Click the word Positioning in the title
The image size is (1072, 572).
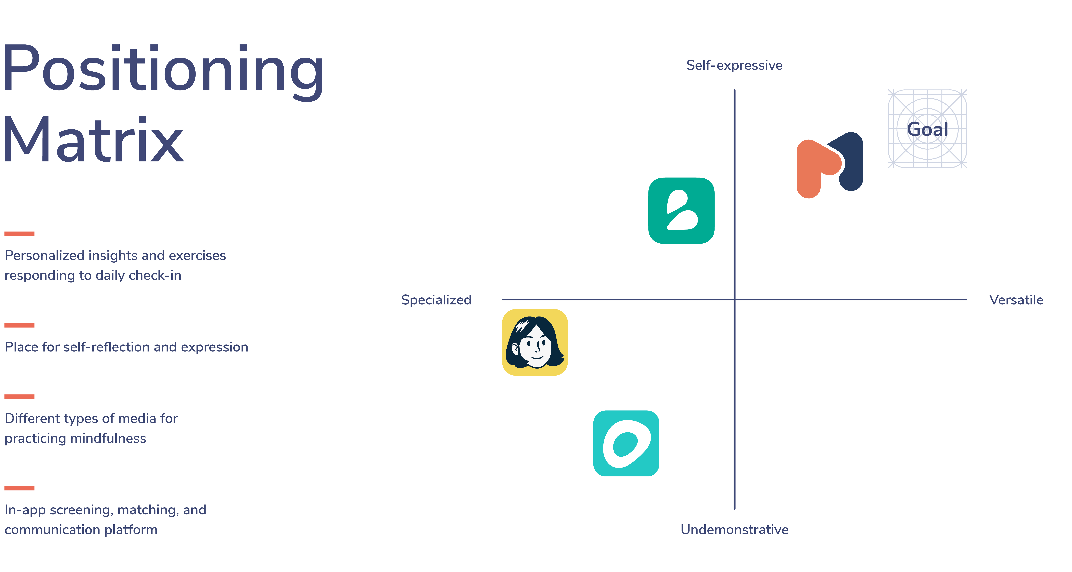163,71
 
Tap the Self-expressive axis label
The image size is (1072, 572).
734,65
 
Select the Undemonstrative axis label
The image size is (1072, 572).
734,530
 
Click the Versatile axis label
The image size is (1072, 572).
1016,300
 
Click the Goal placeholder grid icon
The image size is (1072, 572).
927,129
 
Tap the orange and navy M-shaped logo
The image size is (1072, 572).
829,165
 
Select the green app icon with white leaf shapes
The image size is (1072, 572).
681,211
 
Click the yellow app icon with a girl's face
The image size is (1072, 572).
535,342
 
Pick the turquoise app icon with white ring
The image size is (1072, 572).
626,443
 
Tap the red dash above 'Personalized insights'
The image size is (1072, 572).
20,234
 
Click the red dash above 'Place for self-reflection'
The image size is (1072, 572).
20,325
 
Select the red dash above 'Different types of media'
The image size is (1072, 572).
20,397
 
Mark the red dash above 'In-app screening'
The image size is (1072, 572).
20,488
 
